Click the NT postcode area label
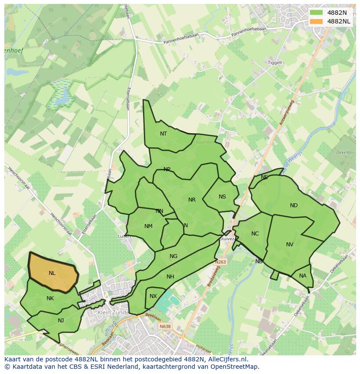(x=163, y=134)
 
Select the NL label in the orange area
(x=52, y=273)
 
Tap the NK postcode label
(x=50, y=298)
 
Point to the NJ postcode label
(x=61, y=321)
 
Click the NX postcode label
(x=153, y=296)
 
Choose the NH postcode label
(x=170, y=277)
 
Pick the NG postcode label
(x=173, y=256)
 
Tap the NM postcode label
(x=148, y=226)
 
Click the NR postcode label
(x=192, y=200)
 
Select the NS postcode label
(x=222, y=197)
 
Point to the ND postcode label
(x=294, y=205)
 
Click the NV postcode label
(x=290, y=245)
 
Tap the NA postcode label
(x=303, y=276)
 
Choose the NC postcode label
(x=255, y=234)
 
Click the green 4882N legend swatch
(x=317, y=13)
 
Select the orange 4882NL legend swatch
(x=317, y=21)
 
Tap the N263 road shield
(x=220, y=262)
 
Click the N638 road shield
(x=165, y=327)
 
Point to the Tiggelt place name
(x=275, y=63)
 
